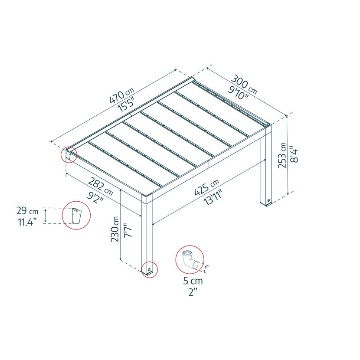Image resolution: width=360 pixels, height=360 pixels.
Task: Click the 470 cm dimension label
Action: (x=122, y=95)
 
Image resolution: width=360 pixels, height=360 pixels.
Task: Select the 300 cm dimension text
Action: (x=244, y=85)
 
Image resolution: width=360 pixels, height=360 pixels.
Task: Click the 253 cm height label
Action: (x=282, y=155)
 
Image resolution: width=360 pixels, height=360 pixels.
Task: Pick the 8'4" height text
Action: (x=294, y=154)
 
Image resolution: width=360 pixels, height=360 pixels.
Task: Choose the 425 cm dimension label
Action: (x=206, y=187)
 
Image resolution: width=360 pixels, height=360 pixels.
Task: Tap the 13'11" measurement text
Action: (x=213, y=197)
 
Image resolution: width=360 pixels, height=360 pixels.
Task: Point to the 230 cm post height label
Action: (x=115, y=229)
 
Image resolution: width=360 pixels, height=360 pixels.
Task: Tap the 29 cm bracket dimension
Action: (x=27, y=211)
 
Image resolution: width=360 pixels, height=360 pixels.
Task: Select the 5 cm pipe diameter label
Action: (x=193, y=281)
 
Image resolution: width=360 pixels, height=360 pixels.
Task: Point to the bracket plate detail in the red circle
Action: (x=76, y=216)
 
